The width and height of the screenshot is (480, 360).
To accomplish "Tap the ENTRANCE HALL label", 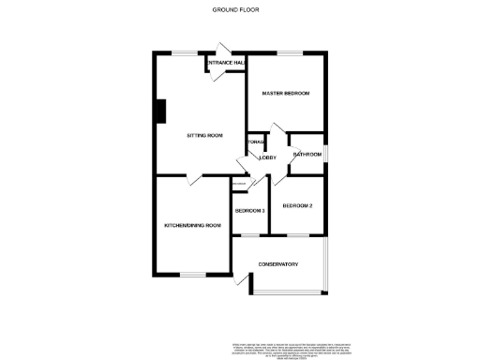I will (x=227, y=63).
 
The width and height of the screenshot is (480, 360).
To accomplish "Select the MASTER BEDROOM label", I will (x=285, y=94).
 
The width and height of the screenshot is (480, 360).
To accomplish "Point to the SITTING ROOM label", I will (x=204, y=136).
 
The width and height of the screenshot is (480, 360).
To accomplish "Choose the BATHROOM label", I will (x=307, y=154).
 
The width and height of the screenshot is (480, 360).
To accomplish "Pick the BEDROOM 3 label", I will (x=250, y=211).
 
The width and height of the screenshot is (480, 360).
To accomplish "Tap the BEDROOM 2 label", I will (x=297, y=205).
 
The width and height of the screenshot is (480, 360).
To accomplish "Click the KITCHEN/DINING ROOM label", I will (x=192, y=225).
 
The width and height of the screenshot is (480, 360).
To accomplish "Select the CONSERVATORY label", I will (x=278, y=263).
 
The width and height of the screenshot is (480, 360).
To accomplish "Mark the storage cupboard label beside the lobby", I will (x=255, y=142).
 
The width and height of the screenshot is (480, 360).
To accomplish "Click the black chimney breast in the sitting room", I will (x=160, y=112).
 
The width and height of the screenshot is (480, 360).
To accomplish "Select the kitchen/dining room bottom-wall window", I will (x=192, y=275).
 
